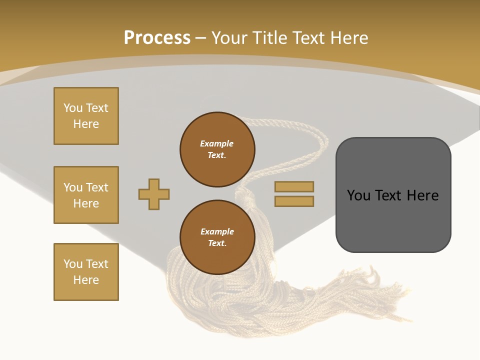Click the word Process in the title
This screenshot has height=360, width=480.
point(157,37)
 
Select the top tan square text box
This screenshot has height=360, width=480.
point(86,116)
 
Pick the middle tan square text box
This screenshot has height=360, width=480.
point(86,195)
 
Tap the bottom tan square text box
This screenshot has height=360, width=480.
point(86,271)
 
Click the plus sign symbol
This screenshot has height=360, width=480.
point(154,194)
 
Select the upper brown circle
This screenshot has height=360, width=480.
point(217,149)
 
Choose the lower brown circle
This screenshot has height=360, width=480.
point(217,237)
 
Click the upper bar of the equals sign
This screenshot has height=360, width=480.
point(294,186)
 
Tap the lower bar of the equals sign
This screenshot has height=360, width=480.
point(294,201)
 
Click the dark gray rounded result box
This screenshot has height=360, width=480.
point(393,220)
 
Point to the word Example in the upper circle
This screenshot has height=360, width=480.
point(217,143)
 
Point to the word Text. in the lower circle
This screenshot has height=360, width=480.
point(217,243)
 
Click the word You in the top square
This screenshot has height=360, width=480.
point(73,108)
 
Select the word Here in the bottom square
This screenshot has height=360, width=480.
point(86,280)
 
